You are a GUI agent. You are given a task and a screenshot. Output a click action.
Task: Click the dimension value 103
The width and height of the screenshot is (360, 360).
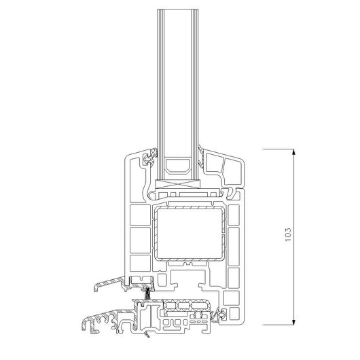(288, 234)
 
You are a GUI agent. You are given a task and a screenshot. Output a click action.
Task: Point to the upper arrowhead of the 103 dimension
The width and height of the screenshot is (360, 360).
(293, 152)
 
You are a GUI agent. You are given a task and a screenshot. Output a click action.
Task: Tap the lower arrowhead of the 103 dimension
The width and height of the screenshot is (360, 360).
(293, 321)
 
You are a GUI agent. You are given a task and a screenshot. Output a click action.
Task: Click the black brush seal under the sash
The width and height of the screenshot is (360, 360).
(147, 293)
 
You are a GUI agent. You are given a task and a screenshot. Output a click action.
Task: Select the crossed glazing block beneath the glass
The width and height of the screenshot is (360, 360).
(178, 184)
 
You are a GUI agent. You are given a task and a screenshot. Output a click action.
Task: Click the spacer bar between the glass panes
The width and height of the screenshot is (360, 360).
(178, 166)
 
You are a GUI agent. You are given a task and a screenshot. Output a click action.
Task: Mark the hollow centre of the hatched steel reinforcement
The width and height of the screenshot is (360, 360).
(190, 234)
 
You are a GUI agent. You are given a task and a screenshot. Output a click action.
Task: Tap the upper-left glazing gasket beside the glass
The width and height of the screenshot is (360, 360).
(149, 157)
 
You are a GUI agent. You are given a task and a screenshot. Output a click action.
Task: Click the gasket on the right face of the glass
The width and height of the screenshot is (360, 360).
(201, 156)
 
